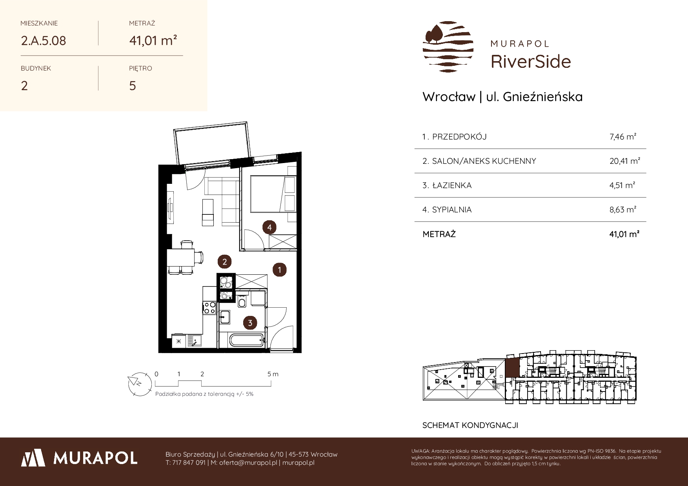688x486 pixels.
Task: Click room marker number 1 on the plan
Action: click(x=279, y=270)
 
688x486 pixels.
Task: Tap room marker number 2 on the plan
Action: click(x=224, y=262)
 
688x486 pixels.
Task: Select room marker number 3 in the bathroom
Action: click(x=250, y=323)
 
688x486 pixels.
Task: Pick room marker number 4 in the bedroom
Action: click(x=269, y=227)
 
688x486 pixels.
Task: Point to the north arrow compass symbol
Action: click(x=140, y=383)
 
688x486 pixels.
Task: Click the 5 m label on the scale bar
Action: click(x=273, y=374)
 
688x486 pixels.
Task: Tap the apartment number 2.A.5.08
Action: click(x=44, y=41)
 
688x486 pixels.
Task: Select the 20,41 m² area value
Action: click(x=625, y=161)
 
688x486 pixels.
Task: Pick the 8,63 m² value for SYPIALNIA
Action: click(x=623, y=210)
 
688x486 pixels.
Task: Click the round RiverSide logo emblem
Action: click(x=448, y=47)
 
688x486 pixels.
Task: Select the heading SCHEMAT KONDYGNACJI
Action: click(x=470, y=425)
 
